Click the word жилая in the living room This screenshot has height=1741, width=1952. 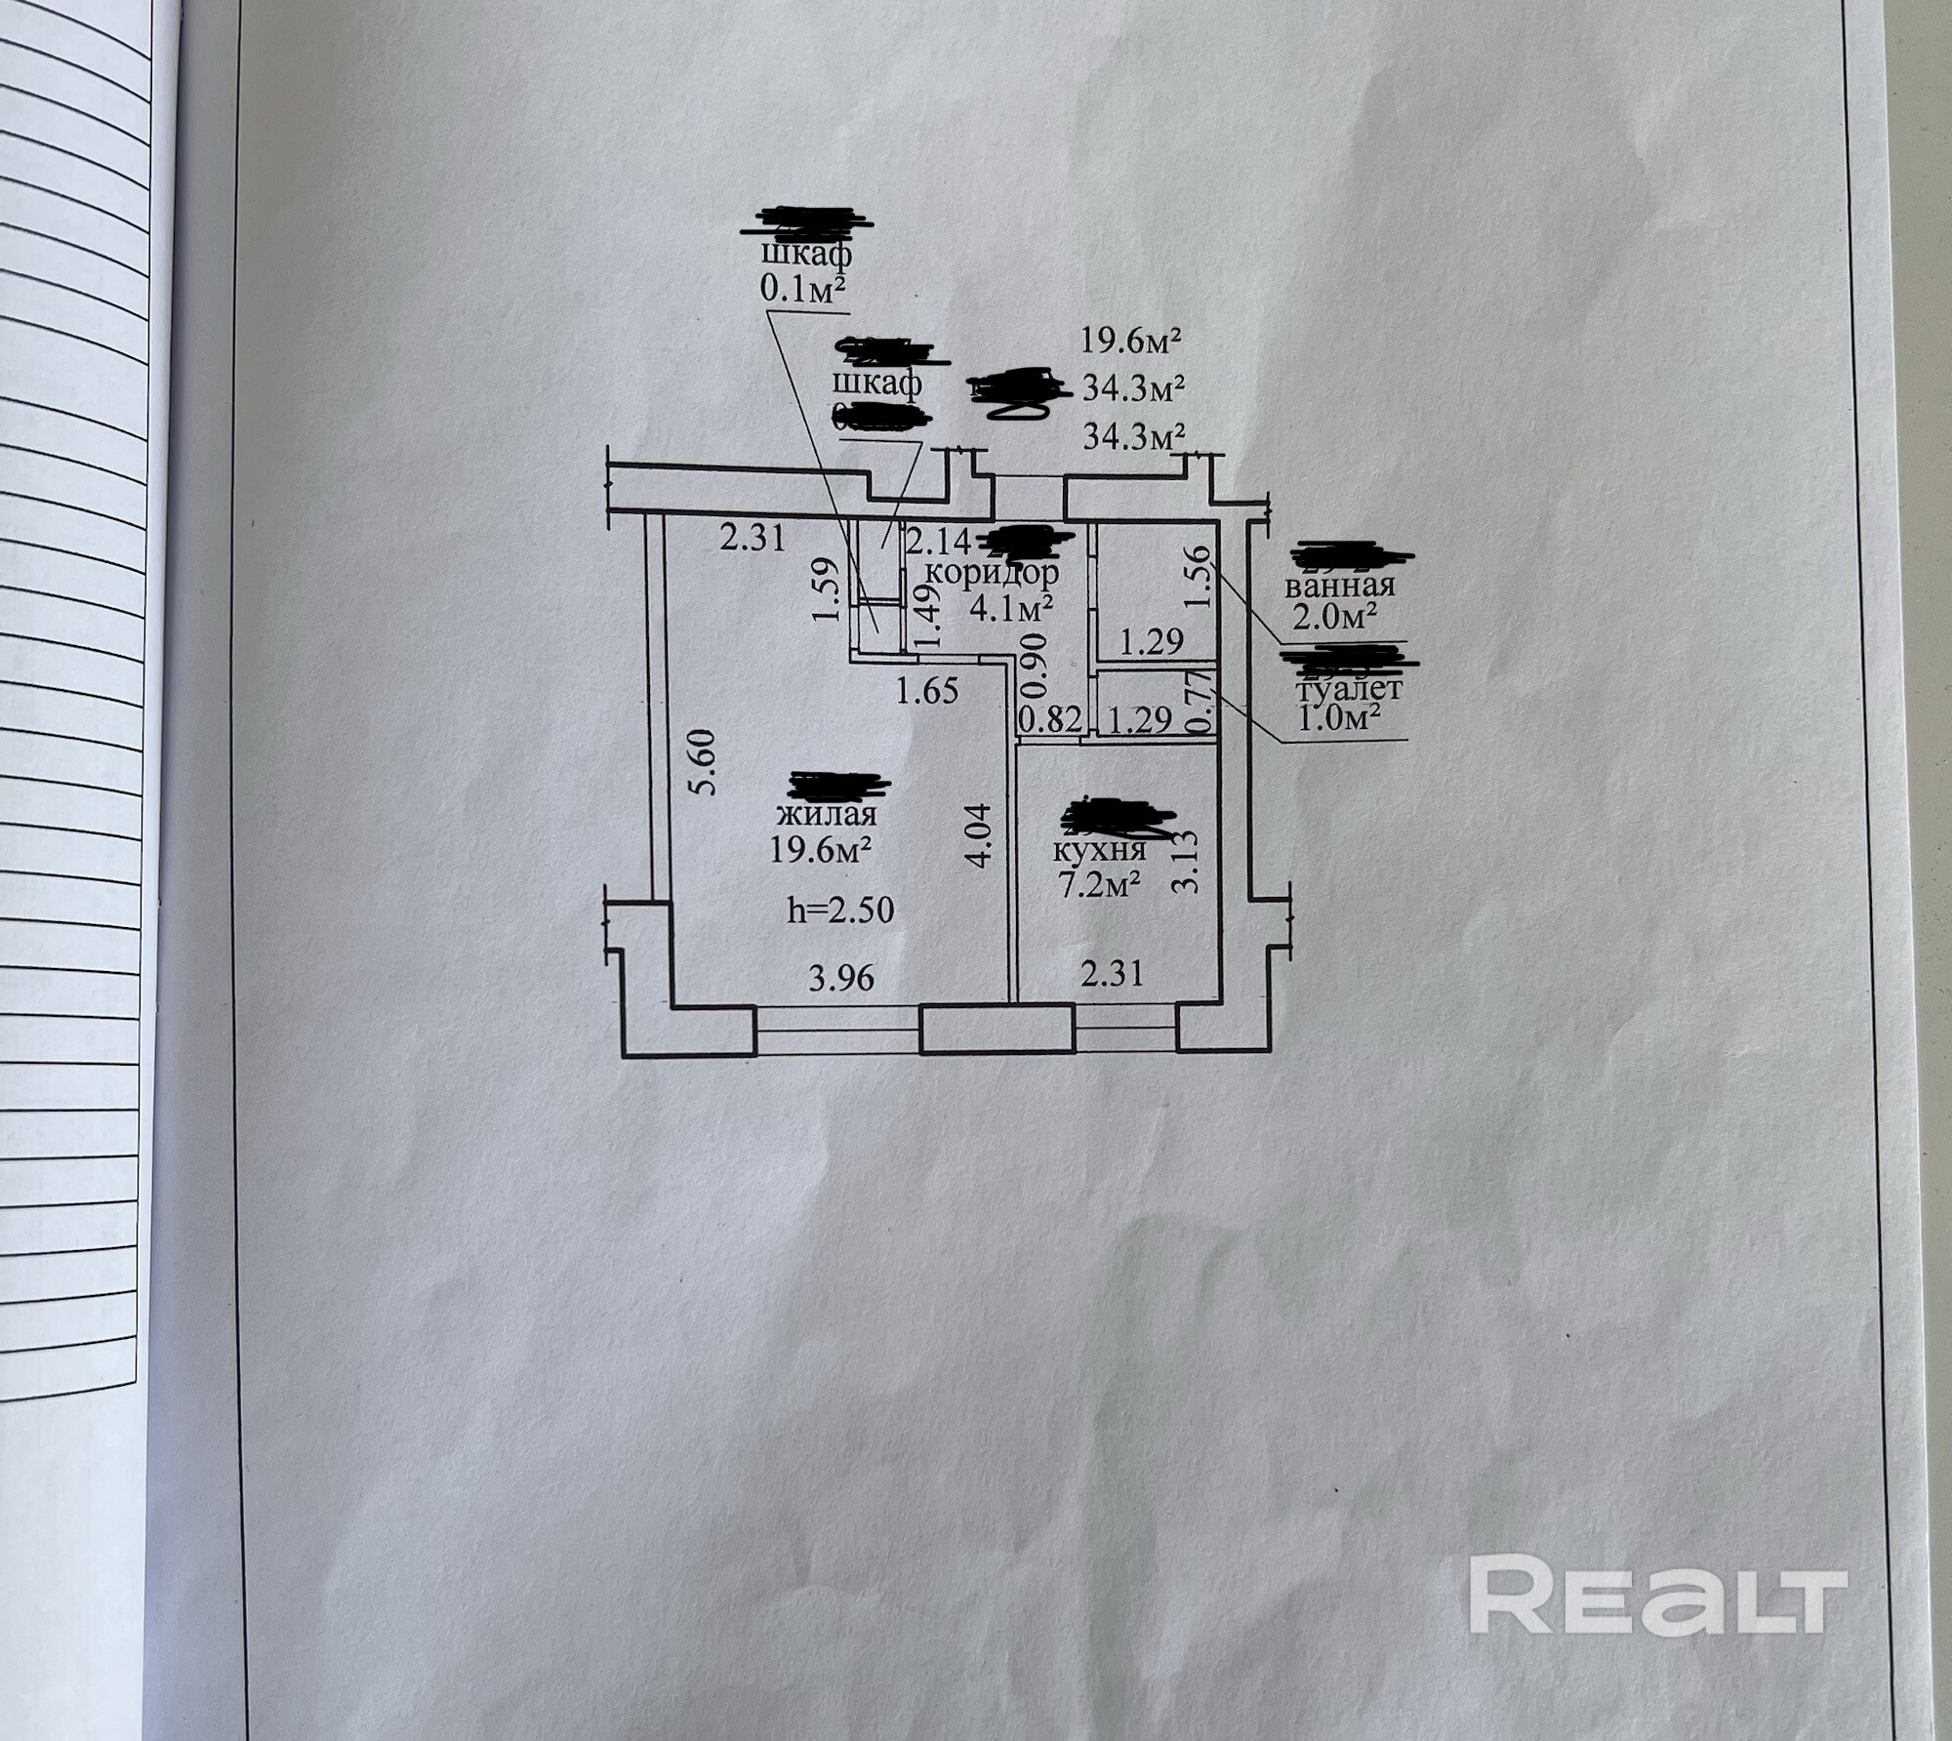826,813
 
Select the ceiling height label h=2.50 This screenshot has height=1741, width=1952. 840,911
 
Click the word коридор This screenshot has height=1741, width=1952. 992,572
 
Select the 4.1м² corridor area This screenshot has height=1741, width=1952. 1011,609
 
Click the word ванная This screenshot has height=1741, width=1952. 1339,586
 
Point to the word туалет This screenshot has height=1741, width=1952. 1349,689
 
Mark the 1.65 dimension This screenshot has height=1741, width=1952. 927,691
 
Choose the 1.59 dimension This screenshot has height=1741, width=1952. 826,589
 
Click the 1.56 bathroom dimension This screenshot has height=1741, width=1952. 1201,576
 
